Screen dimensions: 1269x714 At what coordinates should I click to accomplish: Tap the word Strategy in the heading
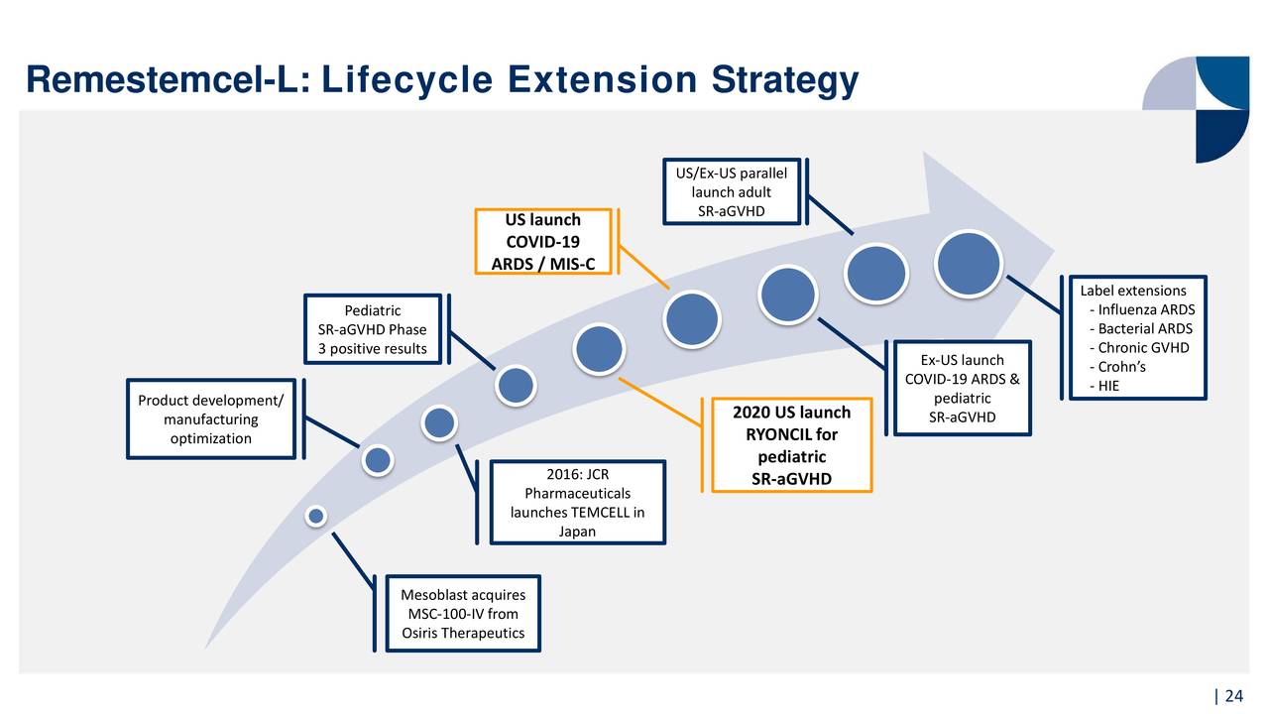pos(785,81)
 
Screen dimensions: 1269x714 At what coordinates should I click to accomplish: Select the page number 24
pos(1234,696)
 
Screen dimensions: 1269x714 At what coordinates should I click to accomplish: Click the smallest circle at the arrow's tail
pos(316,517)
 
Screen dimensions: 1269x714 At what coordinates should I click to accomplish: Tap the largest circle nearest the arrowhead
pos(969,264)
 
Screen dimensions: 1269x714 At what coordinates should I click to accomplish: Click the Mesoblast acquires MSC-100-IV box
pos(463,614)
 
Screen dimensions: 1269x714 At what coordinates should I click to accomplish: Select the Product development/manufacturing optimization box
pos(211,419)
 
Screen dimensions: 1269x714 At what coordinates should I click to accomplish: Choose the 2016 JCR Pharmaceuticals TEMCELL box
pos(577,503)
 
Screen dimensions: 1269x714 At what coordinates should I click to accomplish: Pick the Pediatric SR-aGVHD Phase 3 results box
pos(372,329)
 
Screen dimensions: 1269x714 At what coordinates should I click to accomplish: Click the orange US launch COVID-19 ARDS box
pos(542,241)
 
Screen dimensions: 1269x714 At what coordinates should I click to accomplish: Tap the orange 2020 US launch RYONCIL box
pos(791,445)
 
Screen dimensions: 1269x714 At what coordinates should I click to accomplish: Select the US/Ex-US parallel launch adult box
pos(732,192)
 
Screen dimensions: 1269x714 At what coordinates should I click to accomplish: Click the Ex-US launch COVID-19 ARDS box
pos(962,388)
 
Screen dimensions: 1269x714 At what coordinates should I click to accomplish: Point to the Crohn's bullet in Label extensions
pos(1117,367)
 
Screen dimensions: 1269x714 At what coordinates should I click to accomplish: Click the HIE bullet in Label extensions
pos(1104,386)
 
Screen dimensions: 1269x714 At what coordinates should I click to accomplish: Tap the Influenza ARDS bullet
pos(1142,309)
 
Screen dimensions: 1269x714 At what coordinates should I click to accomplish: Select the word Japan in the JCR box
pos(577,532)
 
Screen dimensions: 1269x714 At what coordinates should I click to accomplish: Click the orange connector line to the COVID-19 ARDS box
pos(644,268)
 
